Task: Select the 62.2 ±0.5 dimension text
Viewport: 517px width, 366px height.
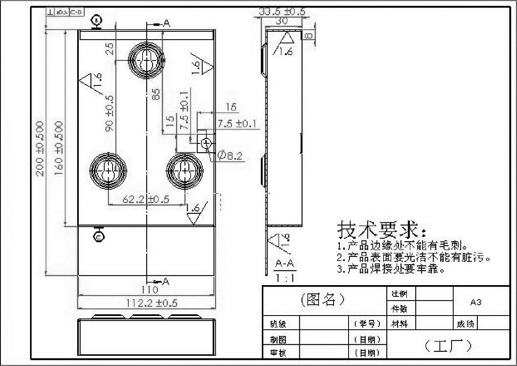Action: (146, 199)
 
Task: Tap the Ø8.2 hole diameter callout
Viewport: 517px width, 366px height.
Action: (230, 156)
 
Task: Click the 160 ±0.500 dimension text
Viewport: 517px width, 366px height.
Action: (59, 148)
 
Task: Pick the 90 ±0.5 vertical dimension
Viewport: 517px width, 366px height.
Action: (110, 113)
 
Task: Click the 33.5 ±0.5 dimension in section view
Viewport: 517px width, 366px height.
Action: (282, 12)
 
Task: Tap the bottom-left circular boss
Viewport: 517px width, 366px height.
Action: (108, 170)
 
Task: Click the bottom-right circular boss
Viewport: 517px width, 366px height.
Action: (184, 170)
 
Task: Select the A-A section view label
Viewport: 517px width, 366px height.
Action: (285, 264)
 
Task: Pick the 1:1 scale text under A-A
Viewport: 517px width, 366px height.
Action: (285, 278)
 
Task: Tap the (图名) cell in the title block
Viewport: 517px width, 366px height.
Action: (323, 299)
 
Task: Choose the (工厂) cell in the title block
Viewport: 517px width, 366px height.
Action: (448, 345)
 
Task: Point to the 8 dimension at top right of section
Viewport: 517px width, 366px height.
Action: (309, 36)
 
